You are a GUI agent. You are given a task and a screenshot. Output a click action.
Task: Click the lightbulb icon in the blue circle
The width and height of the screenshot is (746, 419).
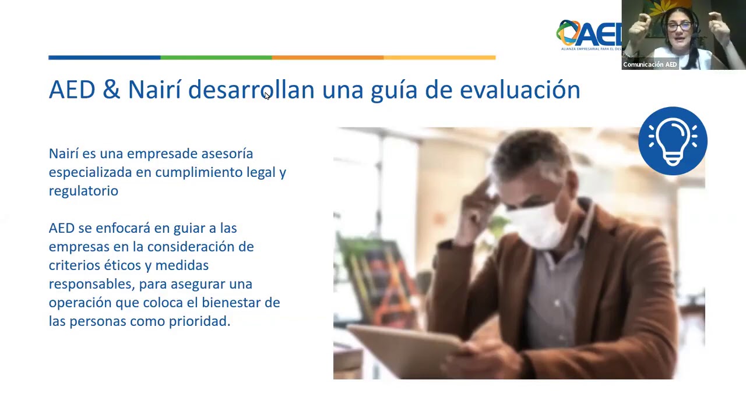click(x=673, y=141)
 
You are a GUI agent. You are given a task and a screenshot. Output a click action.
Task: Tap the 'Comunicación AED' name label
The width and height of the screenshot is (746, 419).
click(x=650, y=65)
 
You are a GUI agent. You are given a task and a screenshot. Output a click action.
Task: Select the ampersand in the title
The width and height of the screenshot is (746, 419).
click(x=111, y=89)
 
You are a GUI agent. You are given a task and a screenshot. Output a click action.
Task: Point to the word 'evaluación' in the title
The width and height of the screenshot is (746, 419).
click(x=520, y=90)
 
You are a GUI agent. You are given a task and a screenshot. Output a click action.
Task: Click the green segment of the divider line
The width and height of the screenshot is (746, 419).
click(x=216, y=58)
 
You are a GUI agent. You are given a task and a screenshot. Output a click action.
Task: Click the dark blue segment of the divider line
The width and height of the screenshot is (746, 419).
click(x=104, y=58)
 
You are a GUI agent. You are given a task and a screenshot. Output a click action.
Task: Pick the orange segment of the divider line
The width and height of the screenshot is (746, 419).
click(x=328, y=58)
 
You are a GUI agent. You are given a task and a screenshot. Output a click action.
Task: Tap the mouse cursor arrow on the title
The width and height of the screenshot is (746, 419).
click(x=267, y=96)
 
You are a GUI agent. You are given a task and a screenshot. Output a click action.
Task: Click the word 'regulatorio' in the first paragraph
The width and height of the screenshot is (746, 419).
click(x=83, y=191)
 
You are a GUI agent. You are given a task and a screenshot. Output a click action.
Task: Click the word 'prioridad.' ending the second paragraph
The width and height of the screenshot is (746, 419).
click(x=199, y=321)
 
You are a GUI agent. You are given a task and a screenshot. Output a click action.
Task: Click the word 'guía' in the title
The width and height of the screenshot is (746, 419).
click(x=394, y=90)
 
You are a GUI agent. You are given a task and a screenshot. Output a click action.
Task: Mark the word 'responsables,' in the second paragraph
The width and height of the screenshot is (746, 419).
click(x=92, y=285)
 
